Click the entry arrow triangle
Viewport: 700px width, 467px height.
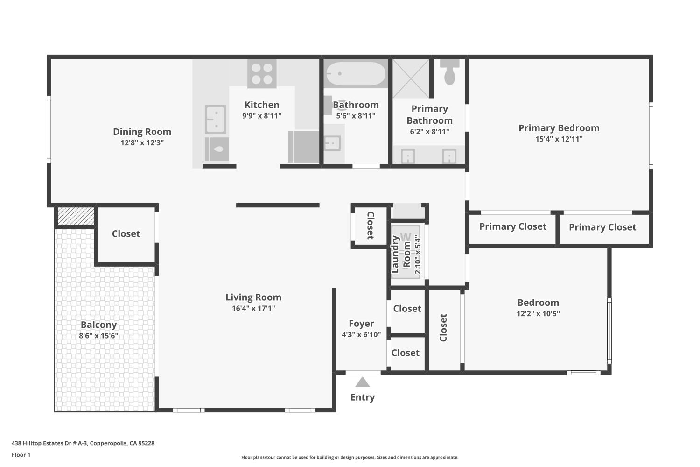(362, 382)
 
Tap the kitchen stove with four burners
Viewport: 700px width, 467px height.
(262, 74)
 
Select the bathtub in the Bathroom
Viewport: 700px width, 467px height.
(356, 74)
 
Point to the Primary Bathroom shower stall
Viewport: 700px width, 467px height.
(411, 78)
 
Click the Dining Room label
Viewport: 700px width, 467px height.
(142, 132)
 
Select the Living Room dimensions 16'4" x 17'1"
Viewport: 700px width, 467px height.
(253, 308)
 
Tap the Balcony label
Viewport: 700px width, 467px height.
(98, 325)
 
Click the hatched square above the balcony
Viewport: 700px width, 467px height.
(76, 216)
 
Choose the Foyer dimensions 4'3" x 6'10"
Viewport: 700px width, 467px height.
(361, 334)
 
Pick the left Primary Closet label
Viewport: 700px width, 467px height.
(512, 226)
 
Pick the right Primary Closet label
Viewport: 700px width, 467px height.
(602, 227)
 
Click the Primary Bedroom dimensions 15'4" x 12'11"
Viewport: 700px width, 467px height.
(559, 139)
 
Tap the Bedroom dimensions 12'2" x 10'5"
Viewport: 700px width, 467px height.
(538, 314)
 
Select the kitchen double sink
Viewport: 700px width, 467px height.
(215, 120)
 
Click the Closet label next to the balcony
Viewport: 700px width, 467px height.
(126, 233)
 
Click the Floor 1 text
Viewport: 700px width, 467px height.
(21, 455)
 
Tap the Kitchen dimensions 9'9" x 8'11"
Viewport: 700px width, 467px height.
(262, 116)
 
